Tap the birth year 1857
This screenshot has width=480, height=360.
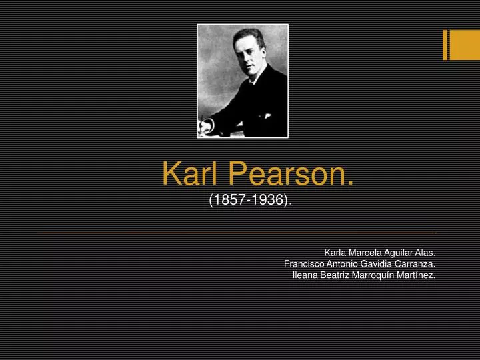click(x=228, y=199)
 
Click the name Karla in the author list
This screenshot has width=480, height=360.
click(x=335, y=253)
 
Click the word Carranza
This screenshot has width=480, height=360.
click(x=417, y=264)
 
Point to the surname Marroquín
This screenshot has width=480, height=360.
click(x=378, y=275)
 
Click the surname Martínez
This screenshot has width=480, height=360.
click(x=418, y=275)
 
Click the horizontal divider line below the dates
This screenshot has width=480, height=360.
click(x=237, y=233)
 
